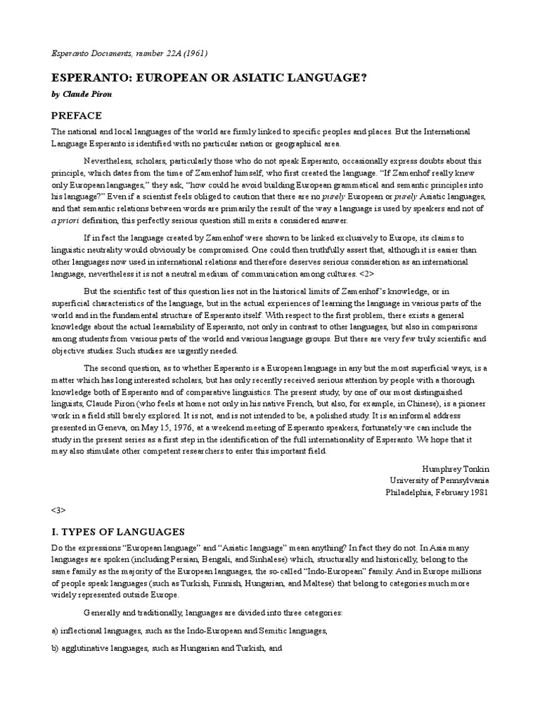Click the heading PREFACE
[77, 116]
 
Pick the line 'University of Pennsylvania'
[439, 480]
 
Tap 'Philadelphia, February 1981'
[437, 492]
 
